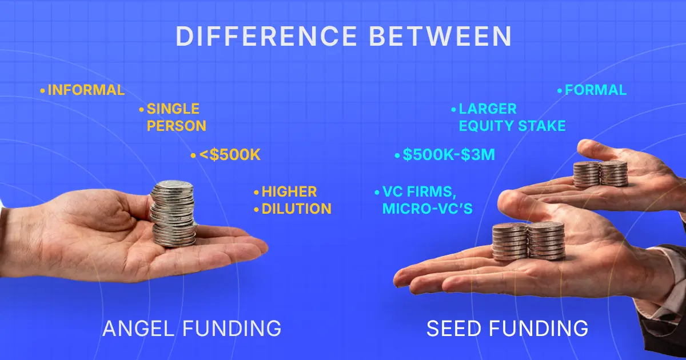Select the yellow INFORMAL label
coord(86,90)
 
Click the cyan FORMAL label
coord(595,90)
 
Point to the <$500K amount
coord(229,155)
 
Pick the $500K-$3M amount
coord(448,155)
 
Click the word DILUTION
coord(296,209)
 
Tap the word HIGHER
coord(289,192)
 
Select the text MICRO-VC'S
coord(428,209)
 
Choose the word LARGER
coord(487,109)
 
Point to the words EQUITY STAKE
coord(512,126)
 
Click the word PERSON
coord(176,126)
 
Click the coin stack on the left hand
coord(173,214)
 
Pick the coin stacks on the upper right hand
coord(600,174)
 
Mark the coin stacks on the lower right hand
coord(529,241)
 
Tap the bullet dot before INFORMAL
coord(42,90)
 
